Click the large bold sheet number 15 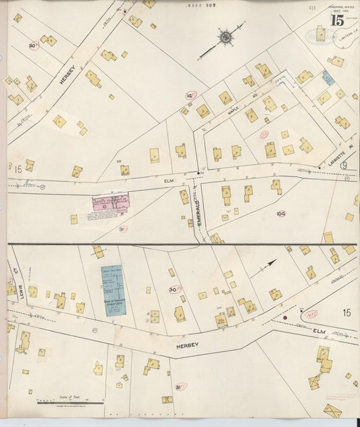pos(336,20)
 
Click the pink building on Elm pos(109,204)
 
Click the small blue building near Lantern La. pos(328,78)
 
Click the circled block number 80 pos(32,45)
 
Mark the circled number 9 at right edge pos(344,166)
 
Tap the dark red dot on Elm pos(285,316)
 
